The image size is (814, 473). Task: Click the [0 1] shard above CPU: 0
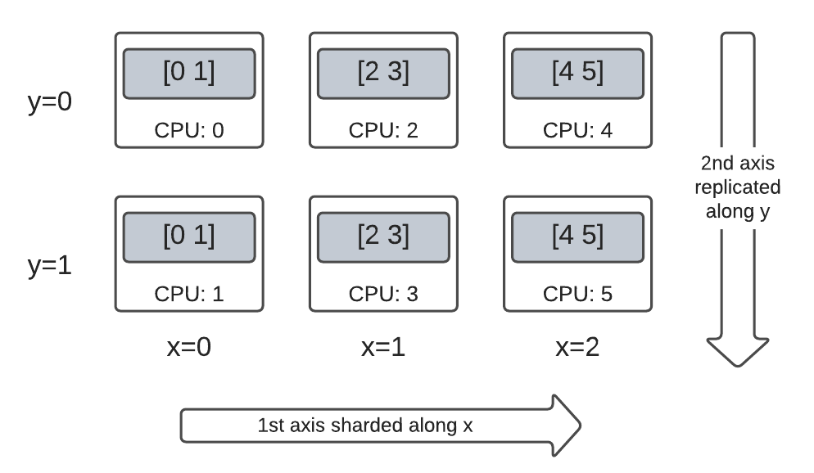pyautogui.click(x=189, y=74)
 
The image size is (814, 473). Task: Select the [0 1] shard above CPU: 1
pyautogui.click(x=189, y=236)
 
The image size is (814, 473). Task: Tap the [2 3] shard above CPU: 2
pyautogui.click(x=383, y=74)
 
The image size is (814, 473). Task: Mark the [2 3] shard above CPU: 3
pyautogui.click(x=383, y=236)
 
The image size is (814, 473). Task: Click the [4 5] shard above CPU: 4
pyautogui.click(x=577, y=74)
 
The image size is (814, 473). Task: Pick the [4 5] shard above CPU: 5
pyautogui.click(x=577, y=236)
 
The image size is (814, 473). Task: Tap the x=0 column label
pyautogui.click(x=189, y=346)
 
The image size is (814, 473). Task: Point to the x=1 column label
pyautogui.click(x=383, y=346)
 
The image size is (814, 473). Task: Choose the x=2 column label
pyautogui.click(x=577, y=346)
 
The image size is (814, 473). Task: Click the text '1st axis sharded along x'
pyautogui.click(x=365, y=426)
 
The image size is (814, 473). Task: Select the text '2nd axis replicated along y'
pyautogui.click(x=737, y=187)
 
